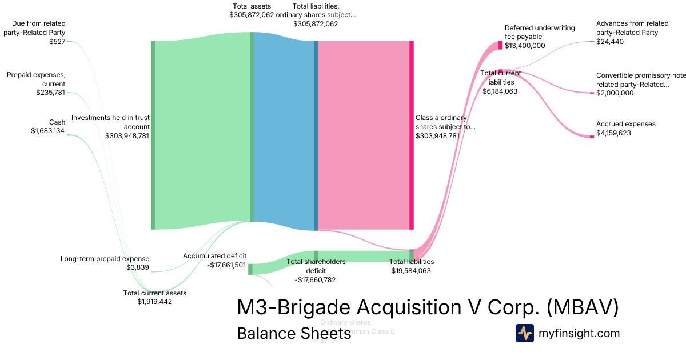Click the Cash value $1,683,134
pos(48,131)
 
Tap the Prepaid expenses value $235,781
pos(50,93)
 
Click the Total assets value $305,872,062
pos(252,14)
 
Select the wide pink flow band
pos(364,135)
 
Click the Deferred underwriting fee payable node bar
pos(500,46)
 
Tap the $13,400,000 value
pos(525,46)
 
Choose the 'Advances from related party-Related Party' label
pos(632,28)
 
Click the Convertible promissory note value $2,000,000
pos(615,93)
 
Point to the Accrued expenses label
pos(625,124)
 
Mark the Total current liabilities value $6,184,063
pos(500,91)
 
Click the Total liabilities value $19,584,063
pos(411,271)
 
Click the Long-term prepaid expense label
pos(105,259)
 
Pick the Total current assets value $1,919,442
pos(154,302)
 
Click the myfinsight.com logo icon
pos(524,333)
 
